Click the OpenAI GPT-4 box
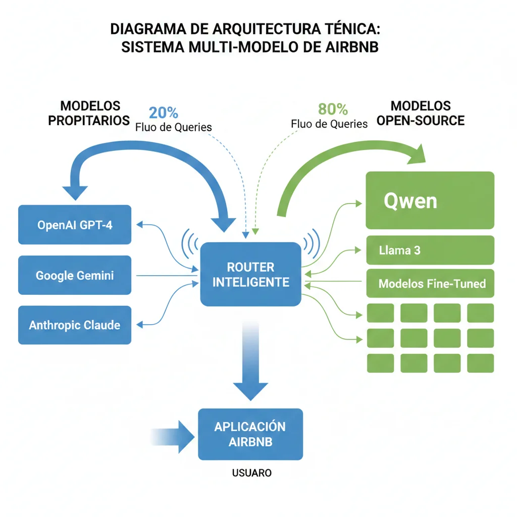74,225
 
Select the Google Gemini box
74,275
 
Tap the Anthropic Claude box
74,325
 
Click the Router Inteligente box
250,274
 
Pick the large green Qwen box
430,200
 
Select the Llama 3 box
430,250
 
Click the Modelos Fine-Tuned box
430,283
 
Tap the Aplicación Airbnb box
250,434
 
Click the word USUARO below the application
251,473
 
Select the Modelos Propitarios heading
89,113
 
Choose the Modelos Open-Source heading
421,113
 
